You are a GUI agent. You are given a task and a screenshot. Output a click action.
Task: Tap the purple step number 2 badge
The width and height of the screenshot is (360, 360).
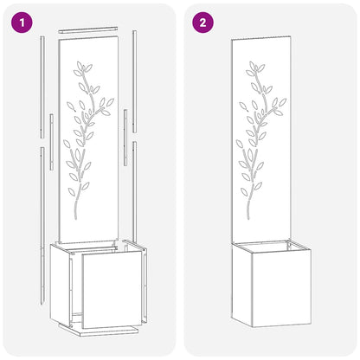tap(202, 22)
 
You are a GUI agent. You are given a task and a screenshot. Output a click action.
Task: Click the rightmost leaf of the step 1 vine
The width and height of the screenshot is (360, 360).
tap(110, 102)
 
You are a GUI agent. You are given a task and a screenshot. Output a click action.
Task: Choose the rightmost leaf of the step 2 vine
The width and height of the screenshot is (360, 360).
tap(282, 102)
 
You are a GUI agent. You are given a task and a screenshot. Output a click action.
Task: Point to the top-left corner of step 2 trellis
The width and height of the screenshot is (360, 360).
tap(232, 39)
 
